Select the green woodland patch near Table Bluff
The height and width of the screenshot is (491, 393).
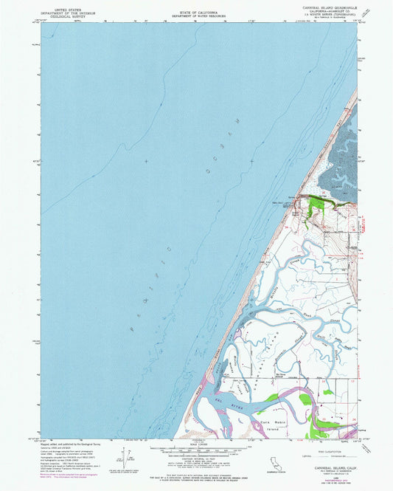316,203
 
